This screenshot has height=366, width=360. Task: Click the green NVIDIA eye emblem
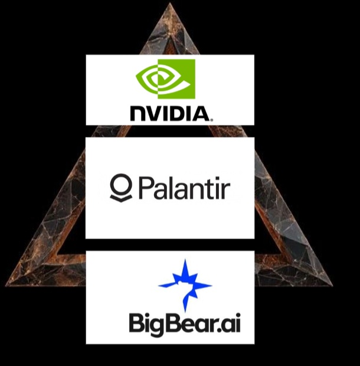click(x=165, y=79)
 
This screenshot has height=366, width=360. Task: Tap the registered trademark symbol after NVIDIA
click(x=212, y=120)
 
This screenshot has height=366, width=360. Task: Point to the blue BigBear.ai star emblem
click(x=185, y=285)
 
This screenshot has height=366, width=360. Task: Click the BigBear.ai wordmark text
click(x=185, y=323)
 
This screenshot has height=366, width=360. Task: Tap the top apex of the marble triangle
click(x=170, y=3)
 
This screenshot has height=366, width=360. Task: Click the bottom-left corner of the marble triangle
click(x=6, y=285)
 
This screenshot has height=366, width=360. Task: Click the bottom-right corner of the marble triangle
click(x=332, y=285)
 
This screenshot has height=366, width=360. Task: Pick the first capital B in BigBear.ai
click(x=136, y=323)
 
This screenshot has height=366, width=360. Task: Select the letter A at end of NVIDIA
click(x=201, y=114)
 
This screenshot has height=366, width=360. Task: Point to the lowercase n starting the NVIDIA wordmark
click(x=138, y=114)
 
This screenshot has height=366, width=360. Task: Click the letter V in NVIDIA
click(x=155, y=114)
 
